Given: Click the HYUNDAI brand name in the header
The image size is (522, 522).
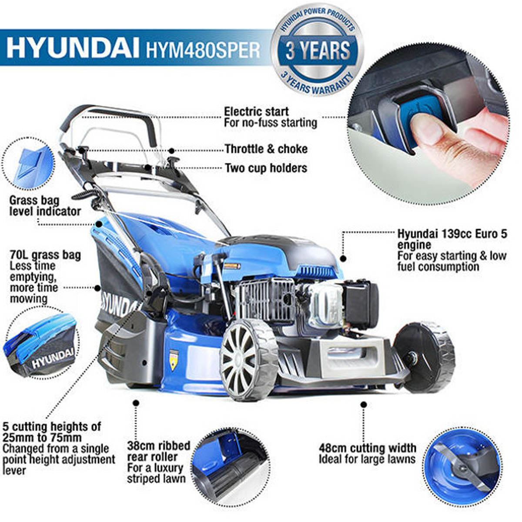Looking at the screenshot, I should pos(72,48).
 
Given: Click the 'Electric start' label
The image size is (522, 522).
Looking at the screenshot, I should pos(256,112).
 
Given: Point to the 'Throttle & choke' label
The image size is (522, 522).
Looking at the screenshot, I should pos(266,149).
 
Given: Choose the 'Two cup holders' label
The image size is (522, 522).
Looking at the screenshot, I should pos(266,168).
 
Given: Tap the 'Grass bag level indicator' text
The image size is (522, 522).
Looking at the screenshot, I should pos(45,206).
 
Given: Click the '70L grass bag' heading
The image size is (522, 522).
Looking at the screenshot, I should pos(46,254).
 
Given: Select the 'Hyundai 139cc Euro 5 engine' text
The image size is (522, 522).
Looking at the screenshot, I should pos(452,239).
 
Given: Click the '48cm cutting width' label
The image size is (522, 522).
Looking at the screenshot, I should pos(368,448).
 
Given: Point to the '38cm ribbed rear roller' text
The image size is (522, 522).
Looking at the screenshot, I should pos(159,451).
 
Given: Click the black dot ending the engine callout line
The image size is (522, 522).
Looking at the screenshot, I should pos(344,258).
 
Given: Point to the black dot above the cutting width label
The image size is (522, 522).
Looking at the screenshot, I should pos(364,405).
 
